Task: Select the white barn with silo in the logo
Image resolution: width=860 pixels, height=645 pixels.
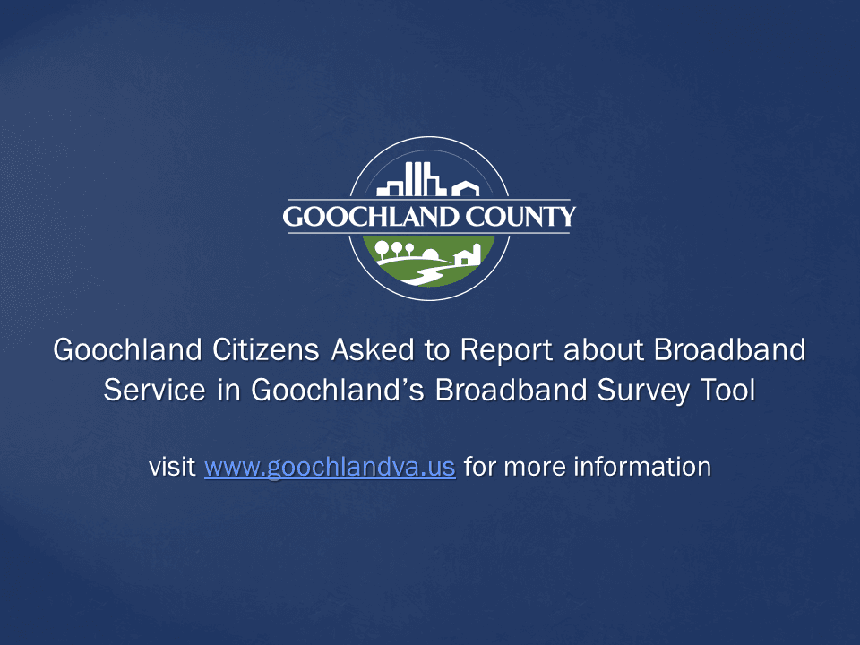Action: tap(469, 255)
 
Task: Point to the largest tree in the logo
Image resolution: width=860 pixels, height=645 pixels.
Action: tap(383, 248)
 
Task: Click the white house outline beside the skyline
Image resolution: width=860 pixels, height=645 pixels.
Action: tap(465, 188)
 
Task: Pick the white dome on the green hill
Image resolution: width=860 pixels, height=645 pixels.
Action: tap(431, 252)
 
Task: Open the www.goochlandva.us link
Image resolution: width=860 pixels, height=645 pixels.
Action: tap(330, 467)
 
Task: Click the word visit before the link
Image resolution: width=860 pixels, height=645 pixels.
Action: tap(172, 467)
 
